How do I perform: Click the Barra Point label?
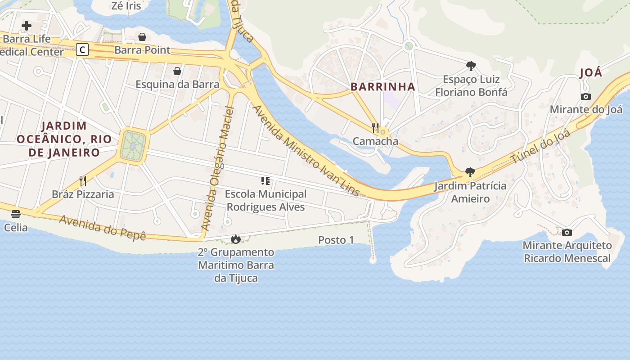click(x=142, y=50)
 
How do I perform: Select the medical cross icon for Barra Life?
click(x=27, y=26)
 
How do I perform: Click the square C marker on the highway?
click(x=82, y=49)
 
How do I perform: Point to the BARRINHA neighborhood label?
click(x=382, y=87)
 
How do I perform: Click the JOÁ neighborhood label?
click(x=591, y=73)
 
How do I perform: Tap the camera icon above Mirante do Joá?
click(x=585, y=96)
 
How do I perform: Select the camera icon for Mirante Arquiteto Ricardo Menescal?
click(x=567, y=232)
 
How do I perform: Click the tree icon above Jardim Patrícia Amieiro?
click(x=470, y=172)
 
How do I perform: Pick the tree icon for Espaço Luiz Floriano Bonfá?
click(x=471, y=66)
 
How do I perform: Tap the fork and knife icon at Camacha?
click(x=375, y=128)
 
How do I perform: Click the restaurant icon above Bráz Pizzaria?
click(x=83, y=181)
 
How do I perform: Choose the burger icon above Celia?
click(x=16, y=214)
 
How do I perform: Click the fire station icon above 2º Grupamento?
click(x=236, y=239)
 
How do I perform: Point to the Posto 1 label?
click(x=336, y=240)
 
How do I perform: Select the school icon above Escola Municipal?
click(x=265, y=181)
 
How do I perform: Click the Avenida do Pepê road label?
click(x=103, y=227)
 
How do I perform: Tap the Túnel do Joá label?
click(x=540, y=146)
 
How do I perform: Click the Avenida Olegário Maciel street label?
click(x=218, y=169)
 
